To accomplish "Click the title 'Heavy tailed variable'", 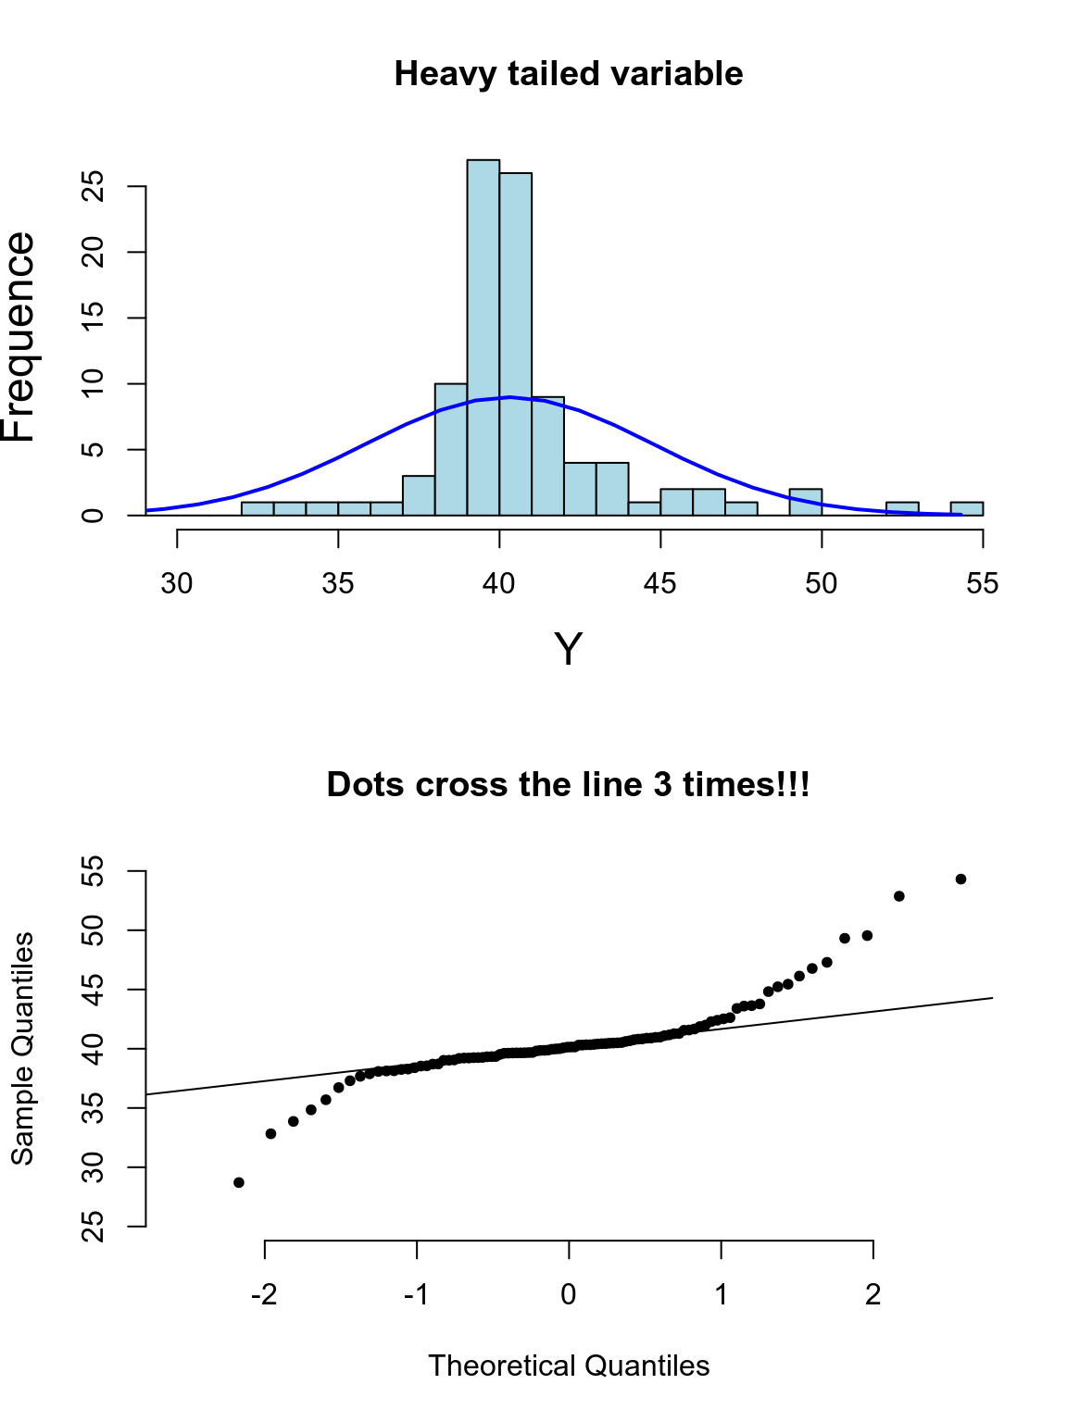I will click(x=568, y=74).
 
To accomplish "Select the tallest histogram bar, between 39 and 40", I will click(x=483, y=338).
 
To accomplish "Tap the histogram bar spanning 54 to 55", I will click(x=966, y=508).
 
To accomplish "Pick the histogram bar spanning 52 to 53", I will click(x=902, y=508).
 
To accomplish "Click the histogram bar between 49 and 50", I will click(x=806, y=502).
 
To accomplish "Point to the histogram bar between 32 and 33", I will click(x=257, y=508).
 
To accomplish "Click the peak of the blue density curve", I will click(x=509, y=397).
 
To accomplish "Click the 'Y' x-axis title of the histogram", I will click(x=568, y=650).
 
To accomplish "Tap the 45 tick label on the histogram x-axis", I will click(x=660, y=583).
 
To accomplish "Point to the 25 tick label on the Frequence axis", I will click(x=93, y=186).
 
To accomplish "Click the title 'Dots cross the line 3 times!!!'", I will click(x=568, y=785).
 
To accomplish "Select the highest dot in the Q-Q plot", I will click(x=960, y=879).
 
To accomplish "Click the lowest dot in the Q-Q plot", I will click(x=239, y=1182).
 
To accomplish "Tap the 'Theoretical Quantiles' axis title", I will click(x=568, y=1366).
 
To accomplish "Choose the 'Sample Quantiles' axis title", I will click(x=22, y=1048).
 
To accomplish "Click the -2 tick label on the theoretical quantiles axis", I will click(x=264, y=1294).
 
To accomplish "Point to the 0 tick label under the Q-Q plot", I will click(x=569, y=1294).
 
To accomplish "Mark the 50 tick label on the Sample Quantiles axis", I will click(x=93, y=930).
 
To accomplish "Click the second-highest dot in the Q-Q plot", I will click(x=898, y=896).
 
